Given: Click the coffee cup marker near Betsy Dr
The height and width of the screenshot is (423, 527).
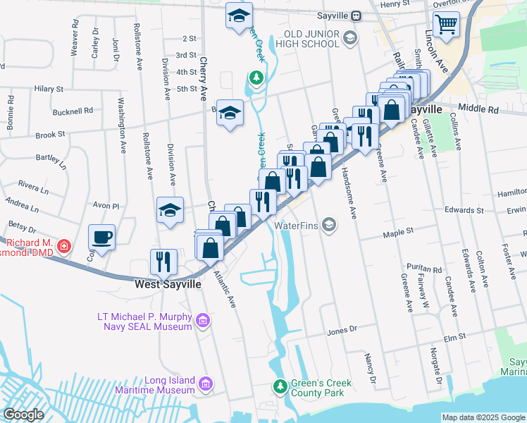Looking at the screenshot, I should (x=101, y=238).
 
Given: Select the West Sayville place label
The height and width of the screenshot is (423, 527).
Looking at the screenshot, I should (x=168, y=284).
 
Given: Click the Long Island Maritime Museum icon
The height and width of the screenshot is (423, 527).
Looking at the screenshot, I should (x=205, y=384).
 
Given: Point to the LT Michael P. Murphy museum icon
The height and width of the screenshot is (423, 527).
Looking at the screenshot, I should (x=204, y=321).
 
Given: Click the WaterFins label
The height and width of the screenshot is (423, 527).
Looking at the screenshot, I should (x=298, y=226).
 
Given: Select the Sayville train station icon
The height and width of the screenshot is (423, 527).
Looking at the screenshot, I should (x=356, y=16).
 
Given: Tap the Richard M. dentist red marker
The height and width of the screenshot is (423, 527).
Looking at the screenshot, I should (x=63, y=245).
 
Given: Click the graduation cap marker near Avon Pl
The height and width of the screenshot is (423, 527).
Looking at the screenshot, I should (x=170, y=210).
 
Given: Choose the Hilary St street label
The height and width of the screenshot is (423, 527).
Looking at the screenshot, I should (x=49, y=90).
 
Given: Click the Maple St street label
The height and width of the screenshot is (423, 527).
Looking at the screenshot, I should (x=397, y=231).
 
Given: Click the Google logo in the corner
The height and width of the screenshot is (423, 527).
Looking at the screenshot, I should (x=23, y=415).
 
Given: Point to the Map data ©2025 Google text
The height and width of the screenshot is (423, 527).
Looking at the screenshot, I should (x=483, y=417).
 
